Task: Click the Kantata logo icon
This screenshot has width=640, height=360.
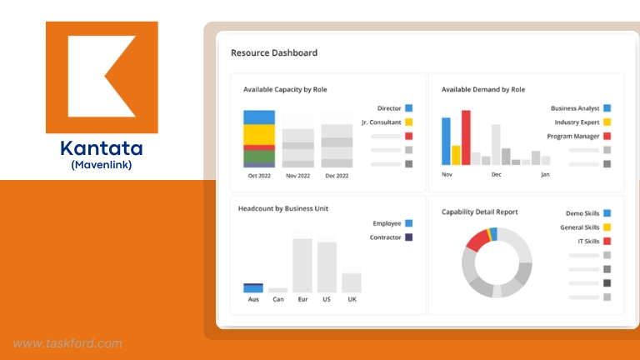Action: (102, 77)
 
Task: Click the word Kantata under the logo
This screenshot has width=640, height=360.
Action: (102, 149)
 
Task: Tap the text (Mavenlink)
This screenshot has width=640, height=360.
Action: (102, 165)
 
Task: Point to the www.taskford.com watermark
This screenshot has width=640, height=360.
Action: (67, 342)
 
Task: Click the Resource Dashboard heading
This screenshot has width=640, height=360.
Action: (274, 53)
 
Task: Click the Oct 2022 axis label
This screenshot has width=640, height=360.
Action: (259, 176)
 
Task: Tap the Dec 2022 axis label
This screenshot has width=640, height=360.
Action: (337, 176)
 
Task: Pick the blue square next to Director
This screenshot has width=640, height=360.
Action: (409, 108)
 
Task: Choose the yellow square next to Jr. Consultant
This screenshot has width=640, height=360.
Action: (409, 122)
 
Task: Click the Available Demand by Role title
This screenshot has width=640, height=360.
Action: (483, 89)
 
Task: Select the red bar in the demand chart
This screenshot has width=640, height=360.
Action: (466, 137)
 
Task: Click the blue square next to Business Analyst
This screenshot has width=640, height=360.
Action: (607, 108)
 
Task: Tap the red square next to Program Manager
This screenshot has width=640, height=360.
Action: (607, 136)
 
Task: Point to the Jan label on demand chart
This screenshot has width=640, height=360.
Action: (545, 175)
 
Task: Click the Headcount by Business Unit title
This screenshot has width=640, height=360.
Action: (283, 208)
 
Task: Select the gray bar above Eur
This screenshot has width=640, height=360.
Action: (302, 265)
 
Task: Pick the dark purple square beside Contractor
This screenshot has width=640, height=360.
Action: (409, 237)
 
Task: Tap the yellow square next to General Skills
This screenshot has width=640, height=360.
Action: (607, 227)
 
